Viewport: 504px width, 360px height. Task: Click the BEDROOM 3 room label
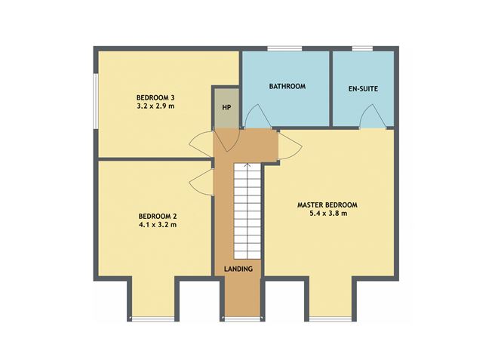[155, 97]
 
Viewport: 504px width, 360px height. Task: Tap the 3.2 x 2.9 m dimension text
[155, 106]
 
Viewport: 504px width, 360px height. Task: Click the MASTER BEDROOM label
[327, 205]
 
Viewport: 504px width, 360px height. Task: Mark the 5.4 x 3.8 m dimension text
[327, 214]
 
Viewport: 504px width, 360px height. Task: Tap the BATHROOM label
[287, 87]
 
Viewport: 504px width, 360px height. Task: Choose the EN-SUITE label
[363, 89]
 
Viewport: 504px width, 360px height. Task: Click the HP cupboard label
[226, 107]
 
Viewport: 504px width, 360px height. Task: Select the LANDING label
[238, 269]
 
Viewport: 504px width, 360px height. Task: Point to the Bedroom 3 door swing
[199, 141]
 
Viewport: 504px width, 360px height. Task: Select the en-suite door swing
[371, 117]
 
